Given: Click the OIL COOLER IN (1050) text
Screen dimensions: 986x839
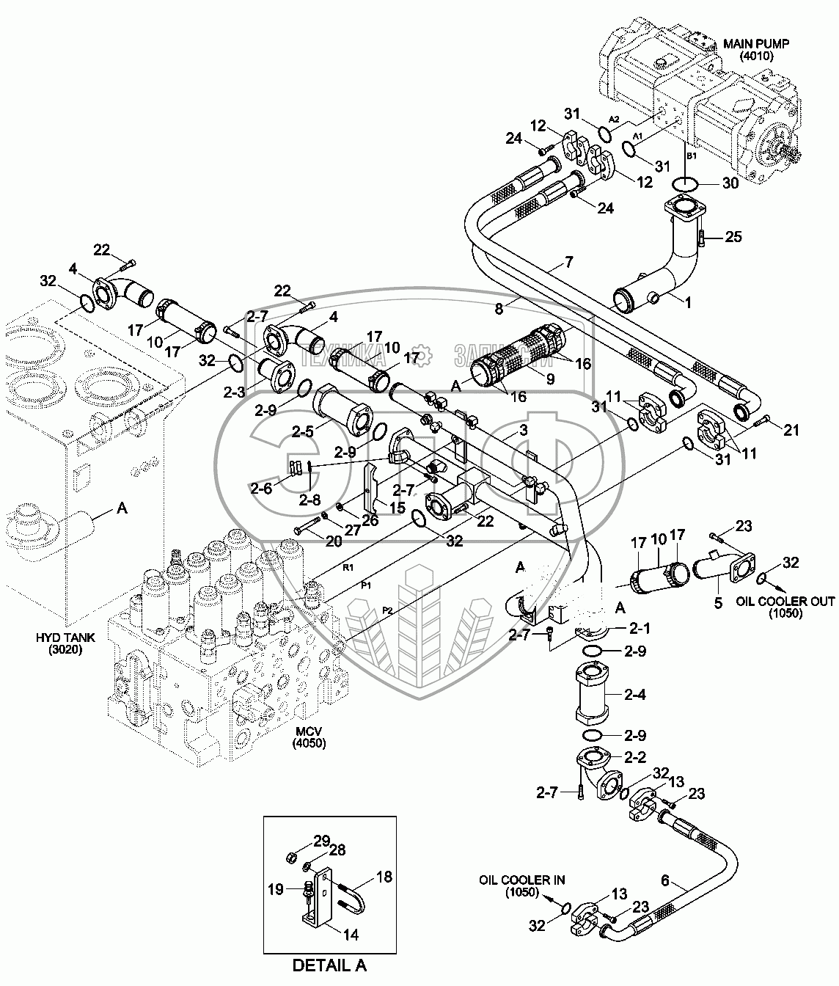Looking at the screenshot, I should coord(521,885).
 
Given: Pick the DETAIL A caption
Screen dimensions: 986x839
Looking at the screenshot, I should coord(330,965).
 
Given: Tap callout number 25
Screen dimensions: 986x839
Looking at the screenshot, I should coord(733,236).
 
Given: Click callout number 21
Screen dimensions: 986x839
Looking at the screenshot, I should coord(791,431).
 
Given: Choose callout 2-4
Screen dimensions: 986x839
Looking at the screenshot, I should coord(634,694).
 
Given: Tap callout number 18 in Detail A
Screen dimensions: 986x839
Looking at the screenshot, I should coord(384,877).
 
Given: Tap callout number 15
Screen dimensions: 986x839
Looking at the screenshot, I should coord(397,508).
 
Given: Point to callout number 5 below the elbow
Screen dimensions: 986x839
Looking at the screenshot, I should coord(718,603).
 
